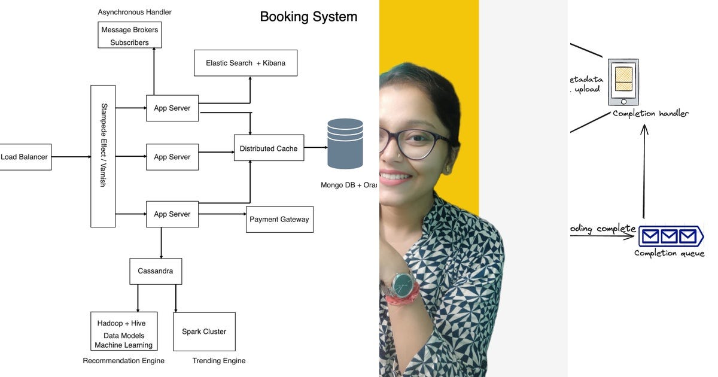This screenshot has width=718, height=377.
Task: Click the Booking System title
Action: click(x=308, y=17)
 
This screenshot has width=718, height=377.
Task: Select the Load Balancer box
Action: click(x=25, y=157)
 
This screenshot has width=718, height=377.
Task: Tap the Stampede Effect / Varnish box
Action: click(x=103, y=156)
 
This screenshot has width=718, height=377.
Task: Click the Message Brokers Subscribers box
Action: click(x=130, y=35)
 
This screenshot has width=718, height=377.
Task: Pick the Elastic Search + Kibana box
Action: click(x=245, y=63)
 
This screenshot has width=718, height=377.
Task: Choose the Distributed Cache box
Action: click(x=269, y=148)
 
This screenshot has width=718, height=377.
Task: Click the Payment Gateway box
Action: click(x=279, y=220)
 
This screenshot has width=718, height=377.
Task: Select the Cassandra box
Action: click(x=156, y=271)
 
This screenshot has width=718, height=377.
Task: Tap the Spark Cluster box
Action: click(x=204, y=332)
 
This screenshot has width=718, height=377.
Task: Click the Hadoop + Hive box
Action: click(x=124, y=331)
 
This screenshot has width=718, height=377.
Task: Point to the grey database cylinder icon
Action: click(x=345, y=144)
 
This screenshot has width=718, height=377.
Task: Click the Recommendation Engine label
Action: click(x=123, y=361)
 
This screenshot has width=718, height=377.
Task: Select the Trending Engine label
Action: click(x=219, y=361)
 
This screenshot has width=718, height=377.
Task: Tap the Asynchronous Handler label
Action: click(x=135, y=12)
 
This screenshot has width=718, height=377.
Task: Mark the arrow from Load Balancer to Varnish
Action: click(x=71, y=157)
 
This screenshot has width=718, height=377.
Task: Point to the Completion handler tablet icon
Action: click(x=623, y=82)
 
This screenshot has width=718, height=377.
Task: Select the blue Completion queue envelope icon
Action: click(x=669, y=236)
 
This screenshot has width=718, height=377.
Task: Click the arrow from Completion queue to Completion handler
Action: click(x=644, y=174)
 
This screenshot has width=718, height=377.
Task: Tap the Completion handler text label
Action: click(x=650, y=114)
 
